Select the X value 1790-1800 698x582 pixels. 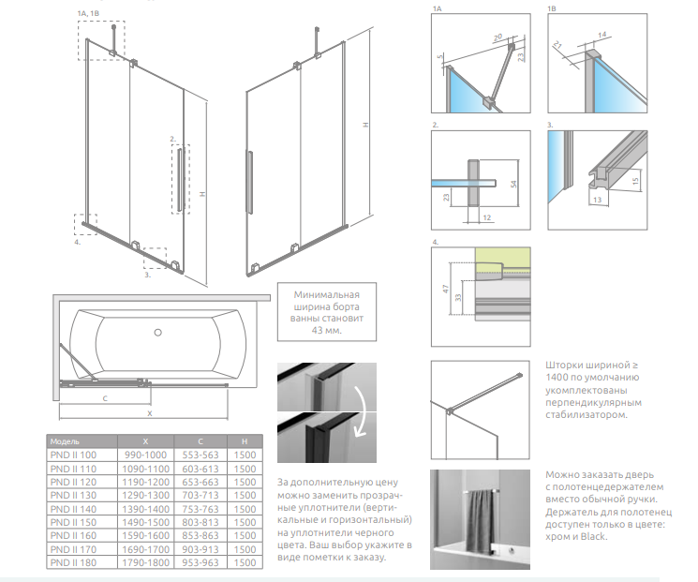(x=145, y=563)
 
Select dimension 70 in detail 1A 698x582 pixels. (x=498, y=37)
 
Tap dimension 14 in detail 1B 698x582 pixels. (x=601, y=35)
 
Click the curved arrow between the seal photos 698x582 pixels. (x=360, y=413)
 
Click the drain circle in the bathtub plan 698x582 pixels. (x=157, y=332)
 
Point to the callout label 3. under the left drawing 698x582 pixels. (x=147, y=276)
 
